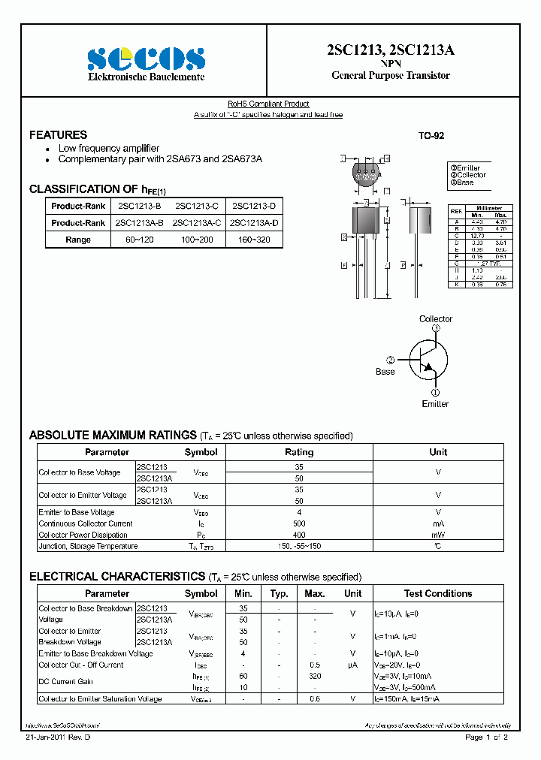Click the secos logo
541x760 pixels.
(146, 59)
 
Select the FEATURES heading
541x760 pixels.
(58, 135)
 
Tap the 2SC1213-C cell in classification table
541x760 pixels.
(197, 206)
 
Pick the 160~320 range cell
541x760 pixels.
(254, 240)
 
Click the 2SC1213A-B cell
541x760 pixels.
(140, 223)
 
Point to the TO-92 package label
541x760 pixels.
(431, 136)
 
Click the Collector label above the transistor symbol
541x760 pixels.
(436, 319)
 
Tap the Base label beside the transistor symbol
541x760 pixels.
(385, 372)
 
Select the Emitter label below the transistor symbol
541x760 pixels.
(435, 404)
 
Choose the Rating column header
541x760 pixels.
(299, 452)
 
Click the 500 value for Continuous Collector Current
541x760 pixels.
(299, 523)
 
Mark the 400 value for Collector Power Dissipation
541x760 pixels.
(299, 535)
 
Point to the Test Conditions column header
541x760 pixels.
(438, 593)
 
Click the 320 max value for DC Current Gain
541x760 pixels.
(315, 676)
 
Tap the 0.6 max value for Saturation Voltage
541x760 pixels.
(315, 698)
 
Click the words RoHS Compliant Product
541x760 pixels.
(268, 104)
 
